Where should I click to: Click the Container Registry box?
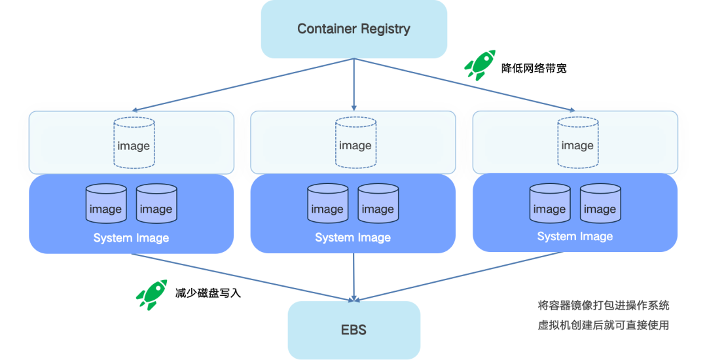click(353, 29)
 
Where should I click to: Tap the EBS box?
click(353, 329)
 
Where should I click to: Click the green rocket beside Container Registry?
click(479, 65)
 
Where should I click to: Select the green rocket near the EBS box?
click(151, 294)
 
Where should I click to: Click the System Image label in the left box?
click(131, 238)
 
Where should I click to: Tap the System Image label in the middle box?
click(353, 238)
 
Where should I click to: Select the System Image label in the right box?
click(575, 236)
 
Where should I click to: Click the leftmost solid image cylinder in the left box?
click(106, 204)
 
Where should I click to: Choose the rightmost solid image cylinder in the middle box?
click(378, 204)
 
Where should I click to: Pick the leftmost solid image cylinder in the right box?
click(549, 204)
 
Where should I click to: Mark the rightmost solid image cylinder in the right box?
click(600, 204)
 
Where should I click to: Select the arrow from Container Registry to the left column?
click(242, 84)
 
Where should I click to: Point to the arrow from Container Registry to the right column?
click(465, 84)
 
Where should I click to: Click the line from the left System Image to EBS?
click(242, 277)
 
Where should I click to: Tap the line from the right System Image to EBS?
click(465, 277)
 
